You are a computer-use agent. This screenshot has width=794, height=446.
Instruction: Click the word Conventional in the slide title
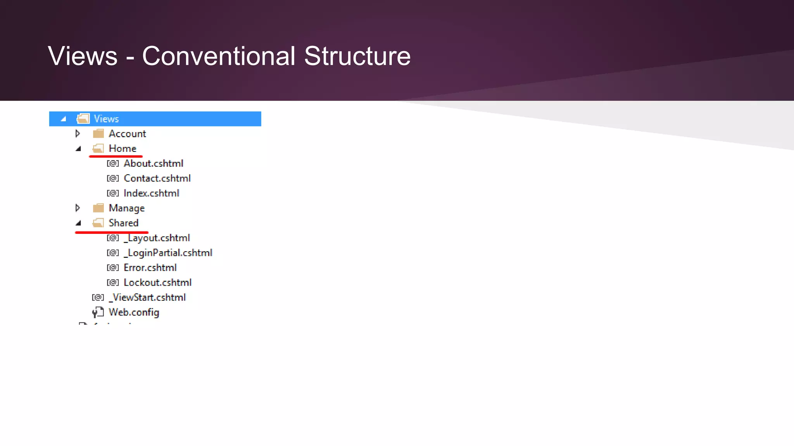point(219,57)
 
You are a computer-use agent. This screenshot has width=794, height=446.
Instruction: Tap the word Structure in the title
point(357,57)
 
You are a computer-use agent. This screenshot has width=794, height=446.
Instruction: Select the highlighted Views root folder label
point(106,119)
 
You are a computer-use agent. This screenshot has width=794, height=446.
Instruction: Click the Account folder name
point(127,134)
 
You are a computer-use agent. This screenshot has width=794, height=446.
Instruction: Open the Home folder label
point(123,148)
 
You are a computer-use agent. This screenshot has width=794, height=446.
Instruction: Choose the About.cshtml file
point(153,163)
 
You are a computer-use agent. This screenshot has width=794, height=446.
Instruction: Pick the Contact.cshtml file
point(157,178)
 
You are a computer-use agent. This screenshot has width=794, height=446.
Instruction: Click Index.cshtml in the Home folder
point(151,193)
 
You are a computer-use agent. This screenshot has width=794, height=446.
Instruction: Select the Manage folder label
point(126,208)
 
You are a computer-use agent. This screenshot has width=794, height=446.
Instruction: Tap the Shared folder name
point(123,223)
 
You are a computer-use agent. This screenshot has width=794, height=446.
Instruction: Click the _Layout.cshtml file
point(157,238)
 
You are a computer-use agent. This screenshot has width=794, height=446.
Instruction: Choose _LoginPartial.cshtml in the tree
point(168,253)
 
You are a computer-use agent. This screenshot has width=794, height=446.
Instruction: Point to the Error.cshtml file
point(150,268)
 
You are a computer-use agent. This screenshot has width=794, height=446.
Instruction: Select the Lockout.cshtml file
point(157,283)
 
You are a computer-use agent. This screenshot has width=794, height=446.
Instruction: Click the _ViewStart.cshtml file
point(147,297)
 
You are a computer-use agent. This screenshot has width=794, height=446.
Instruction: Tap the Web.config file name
point(134,312)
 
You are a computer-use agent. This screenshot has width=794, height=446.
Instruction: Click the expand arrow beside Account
point(78,134)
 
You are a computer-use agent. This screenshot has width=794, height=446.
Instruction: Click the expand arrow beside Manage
point(78,208)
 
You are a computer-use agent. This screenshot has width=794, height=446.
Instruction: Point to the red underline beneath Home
point(116,156)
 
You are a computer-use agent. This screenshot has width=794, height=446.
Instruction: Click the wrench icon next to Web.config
point(98,312)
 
